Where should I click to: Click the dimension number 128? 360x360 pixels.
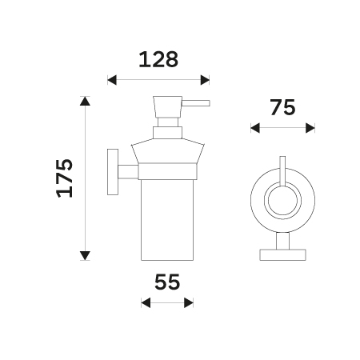(x=158, y=59)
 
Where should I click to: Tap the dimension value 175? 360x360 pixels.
(x=65, y=178)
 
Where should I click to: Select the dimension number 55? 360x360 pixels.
(x=167, y=282)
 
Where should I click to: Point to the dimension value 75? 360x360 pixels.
(x=282, y=108)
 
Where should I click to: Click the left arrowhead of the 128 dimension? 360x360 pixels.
(x=112, y=80)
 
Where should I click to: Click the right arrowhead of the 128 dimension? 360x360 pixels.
(x=205, y=80)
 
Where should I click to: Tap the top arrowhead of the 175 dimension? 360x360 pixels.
(x=85, y=101)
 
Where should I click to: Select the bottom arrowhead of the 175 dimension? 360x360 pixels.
(x=85, y=255)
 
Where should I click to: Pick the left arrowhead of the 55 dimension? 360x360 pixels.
(x=146, y=303)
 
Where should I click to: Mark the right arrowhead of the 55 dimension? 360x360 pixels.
(x=189, y=303)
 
